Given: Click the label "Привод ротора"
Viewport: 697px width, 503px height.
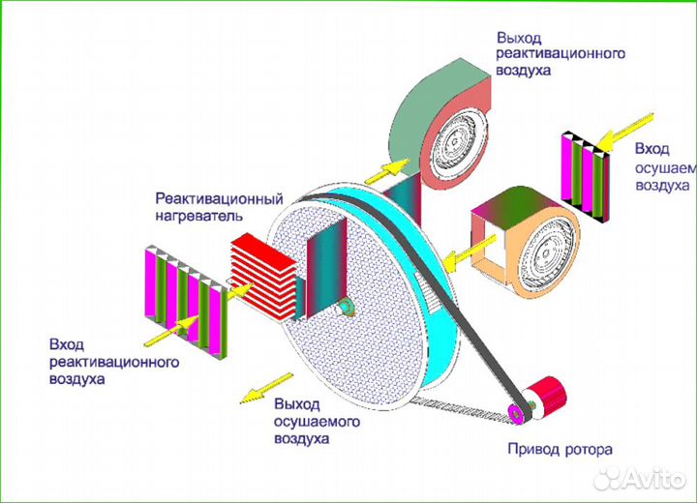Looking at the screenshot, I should point(561,450).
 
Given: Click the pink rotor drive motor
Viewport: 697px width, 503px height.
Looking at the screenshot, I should point(548,398).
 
